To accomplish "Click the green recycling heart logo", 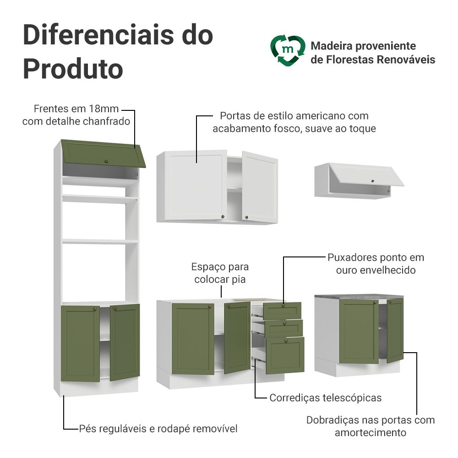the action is pos(288,50).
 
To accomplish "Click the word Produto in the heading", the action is pos(73,69).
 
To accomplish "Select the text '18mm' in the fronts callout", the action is pos(104,109).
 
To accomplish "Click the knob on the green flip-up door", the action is pos(106,161).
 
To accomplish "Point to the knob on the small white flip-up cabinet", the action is pos(372,181).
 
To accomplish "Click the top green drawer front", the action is pos(282,311).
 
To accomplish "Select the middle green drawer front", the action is pos(284,328).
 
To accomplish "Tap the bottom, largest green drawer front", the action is pos(285,355).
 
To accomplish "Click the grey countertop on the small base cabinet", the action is pos(359,297).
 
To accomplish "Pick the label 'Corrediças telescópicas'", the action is pos(325,398).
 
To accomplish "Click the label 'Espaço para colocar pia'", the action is pos(220,273).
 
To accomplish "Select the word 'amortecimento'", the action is pos(371,433).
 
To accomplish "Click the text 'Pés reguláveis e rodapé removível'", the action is pos(158,429).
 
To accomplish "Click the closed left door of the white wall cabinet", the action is pos(196,186).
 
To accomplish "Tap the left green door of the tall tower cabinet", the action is pos(80,343).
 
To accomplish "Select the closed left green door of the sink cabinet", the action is pos(193,339).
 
